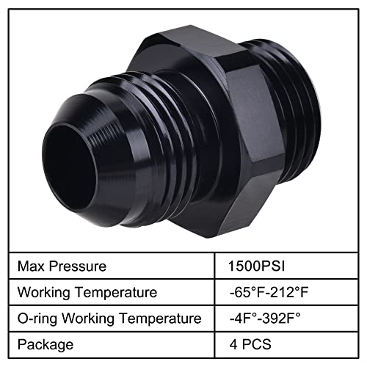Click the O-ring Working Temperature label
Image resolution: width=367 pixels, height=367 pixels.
[109, 319]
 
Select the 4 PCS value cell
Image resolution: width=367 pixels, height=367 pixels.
[250, 344]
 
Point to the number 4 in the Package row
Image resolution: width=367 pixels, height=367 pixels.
[233, 344]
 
